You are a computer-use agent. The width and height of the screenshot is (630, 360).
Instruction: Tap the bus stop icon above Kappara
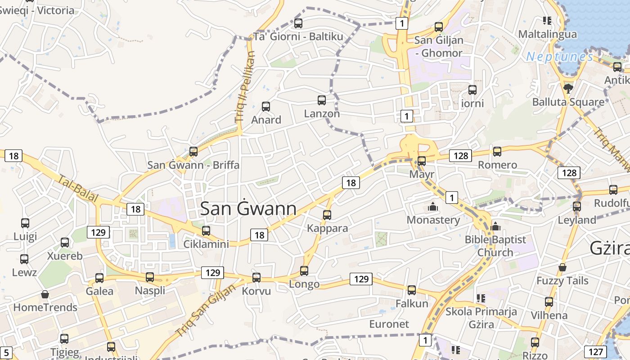(x=327, y=215)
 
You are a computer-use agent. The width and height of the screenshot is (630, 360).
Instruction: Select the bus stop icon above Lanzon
(x=322, y=100)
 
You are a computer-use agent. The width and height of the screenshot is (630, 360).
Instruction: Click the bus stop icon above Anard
(x=266, y=107)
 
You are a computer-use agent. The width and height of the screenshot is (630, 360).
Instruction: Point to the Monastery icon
(x=433, y=207)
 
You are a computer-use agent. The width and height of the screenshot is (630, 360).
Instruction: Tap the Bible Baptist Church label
(x=495, y=246)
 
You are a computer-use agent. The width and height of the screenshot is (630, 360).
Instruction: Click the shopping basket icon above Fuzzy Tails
(x=562, y=268)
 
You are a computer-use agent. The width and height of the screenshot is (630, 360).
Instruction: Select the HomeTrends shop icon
(x=45, y=295)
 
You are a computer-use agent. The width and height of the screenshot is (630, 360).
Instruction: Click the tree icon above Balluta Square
(x=568, y=88)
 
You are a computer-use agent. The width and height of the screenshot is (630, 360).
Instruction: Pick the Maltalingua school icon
(x=547, y=21)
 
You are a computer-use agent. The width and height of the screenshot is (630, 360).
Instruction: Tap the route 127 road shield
(x=595, y=352)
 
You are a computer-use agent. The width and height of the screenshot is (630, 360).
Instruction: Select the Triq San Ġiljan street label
(x=206, y=310)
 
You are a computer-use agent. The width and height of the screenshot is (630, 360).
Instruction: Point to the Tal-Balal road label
(x=78, y=189)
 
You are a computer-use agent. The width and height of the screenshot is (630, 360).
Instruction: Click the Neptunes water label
(x=560, y=57)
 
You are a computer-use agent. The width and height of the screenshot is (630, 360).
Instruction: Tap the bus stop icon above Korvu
(x=256, y=278)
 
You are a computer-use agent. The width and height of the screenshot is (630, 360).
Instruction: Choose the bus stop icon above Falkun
(x=412, y=290)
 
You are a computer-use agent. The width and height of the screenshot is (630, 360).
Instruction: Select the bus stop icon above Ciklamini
(x=206, y=231)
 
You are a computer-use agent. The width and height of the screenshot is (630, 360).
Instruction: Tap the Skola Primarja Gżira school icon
(x=481, y=298)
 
